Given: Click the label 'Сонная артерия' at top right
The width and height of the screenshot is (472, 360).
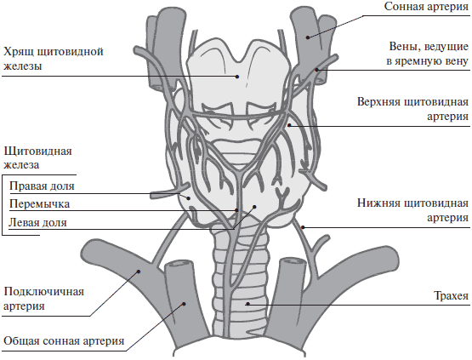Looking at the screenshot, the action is click(426, 7).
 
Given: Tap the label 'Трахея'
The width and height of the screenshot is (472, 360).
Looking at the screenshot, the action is click(451, 296).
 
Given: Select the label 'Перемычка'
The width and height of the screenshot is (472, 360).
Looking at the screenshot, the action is click(39, 204).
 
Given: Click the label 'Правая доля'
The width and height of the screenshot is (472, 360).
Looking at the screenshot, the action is click(42, 186).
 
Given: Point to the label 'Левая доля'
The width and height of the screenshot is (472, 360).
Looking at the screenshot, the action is click(37, 223).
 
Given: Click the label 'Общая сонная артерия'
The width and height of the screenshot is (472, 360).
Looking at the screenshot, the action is click(64, 341).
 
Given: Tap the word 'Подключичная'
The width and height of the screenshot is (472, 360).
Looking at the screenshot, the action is click(44, 292).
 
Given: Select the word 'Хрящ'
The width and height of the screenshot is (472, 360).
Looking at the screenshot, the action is click(18, 52).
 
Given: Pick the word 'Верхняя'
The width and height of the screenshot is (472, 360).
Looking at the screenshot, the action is click(378, 102).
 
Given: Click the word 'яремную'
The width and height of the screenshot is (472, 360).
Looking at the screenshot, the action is click(417, 61).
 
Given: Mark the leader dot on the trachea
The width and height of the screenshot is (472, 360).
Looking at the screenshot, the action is click(247, 304).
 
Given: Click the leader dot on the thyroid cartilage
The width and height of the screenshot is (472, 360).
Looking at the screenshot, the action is click(237, 77).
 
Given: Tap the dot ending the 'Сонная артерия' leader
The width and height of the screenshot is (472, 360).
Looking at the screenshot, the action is click(308, 37).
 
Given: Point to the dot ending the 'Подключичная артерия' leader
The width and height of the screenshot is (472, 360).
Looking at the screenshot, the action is click(139, 271).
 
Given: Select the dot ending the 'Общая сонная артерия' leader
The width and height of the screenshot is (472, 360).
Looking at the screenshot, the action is click(185, 304).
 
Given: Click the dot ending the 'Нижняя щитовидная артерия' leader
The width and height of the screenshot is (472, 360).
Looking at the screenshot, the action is click(303, 227).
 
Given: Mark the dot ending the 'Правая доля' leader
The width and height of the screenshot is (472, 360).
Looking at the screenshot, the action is click(189, 198).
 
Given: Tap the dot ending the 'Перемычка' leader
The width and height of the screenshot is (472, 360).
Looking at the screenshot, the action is click(236, 210).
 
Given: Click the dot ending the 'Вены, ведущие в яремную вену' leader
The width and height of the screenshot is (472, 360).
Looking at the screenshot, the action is click(316, 70).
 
